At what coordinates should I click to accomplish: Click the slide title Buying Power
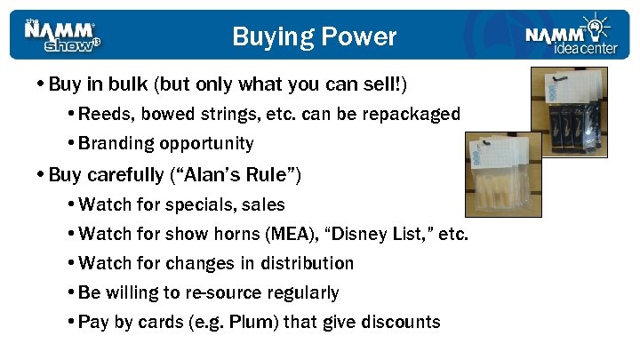coord(314,36)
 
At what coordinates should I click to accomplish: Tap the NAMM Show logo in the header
coord(62,36)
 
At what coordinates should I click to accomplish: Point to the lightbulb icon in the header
coord(593,22)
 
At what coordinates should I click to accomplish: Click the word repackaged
coord(412,114)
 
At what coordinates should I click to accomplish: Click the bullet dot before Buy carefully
coord(42,174)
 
